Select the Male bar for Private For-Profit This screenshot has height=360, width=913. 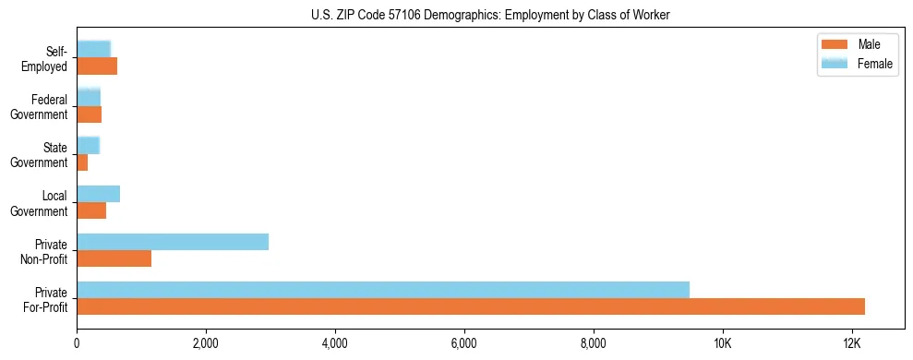coord(471,306)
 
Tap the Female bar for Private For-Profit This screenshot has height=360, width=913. coord(383,289)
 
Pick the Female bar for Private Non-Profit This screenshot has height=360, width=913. coord(173,241)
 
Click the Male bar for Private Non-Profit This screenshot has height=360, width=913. coord(114,258)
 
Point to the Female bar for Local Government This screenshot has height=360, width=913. coord(98,193)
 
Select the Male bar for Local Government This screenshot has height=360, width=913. coord(91,210)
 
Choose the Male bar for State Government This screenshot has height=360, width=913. coord(82,162)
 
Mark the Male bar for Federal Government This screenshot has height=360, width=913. coord(89,114)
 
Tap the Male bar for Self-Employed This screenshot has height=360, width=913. coord(97,66)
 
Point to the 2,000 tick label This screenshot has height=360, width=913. coord(206,343)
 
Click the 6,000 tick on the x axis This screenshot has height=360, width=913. coord(464,343)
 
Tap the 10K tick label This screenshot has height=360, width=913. coord(723,343)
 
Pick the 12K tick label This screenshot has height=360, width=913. coord(852,343)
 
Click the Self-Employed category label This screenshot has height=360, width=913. coord(50,58)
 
